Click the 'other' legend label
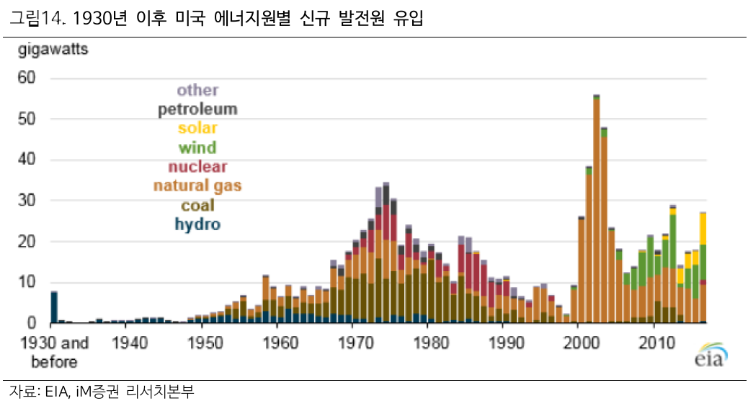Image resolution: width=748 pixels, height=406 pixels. pos(197,90)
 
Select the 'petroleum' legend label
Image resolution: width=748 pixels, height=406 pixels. pos(197,110)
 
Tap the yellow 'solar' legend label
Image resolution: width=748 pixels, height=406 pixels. pos(197,128)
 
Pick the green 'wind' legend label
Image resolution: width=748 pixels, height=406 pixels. pos(197,148)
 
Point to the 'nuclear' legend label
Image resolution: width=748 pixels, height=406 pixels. pos(197,167)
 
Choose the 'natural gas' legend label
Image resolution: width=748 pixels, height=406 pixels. pos(197,186)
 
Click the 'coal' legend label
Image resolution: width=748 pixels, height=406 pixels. pos(197,206)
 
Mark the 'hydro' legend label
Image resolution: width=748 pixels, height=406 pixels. pos(197,224)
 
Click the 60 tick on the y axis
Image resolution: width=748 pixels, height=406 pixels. pos(27,77)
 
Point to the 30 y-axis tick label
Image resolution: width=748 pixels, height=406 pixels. pos(27,200)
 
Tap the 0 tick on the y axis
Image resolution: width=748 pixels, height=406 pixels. pos(31,323)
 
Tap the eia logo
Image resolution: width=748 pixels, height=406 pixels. pos(710,358)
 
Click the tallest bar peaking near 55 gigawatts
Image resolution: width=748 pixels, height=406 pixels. pos(597,209)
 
